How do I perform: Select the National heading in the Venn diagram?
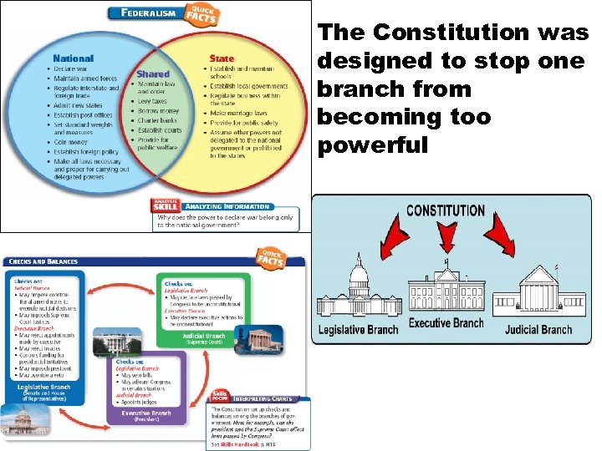73,58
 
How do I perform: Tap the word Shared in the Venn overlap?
153,74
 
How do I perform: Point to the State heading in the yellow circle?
221,58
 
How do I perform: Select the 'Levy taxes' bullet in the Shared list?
155,100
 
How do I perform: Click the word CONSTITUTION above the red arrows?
445,210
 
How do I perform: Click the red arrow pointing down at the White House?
445,237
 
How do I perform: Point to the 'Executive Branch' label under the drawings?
446,322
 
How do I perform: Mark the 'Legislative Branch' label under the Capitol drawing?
359,329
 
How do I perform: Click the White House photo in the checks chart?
111,342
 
